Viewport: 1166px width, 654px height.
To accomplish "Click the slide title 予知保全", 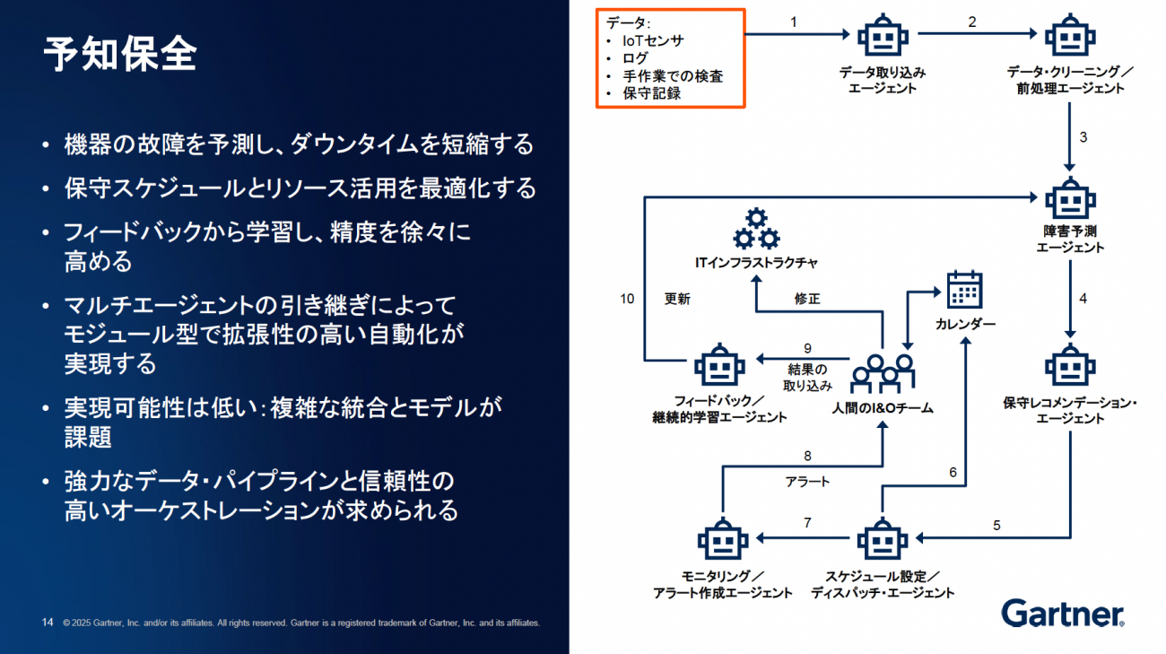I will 120,56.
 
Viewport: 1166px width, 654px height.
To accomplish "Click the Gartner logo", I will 1063,614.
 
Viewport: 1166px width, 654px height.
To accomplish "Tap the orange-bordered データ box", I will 671,58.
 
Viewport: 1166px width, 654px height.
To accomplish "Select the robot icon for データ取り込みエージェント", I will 883,36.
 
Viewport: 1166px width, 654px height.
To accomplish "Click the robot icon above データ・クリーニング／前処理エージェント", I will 1070,36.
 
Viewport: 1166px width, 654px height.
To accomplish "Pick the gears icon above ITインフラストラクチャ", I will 757,228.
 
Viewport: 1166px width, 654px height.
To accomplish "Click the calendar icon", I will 965,291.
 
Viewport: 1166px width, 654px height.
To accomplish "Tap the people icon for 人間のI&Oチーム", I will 883,371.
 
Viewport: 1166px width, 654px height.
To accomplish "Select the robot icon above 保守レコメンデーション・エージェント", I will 1070,364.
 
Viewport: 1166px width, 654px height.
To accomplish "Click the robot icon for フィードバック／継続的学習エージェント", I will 719,366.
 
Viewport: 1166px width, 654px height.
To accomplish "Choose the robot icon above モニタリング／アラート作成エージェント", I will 722,539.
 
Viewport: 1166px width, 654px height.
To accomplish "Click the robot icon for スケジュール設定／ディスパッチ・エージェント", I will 883,539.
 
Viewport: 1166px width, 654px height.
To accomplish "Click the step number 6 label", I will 953,472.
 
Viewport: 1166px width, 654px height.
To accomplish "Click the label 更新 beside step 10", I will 677,299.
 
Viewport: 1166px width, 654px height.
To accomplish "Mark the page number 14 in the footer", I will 48,622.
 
